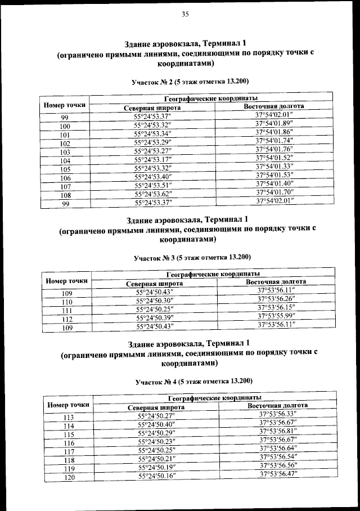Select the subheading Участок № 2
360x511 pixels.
[x=190, y=81]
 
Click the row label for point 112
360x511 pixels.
[x=66, y=318]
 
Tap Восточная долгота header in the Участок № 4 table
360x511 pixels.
[x=277, y=405]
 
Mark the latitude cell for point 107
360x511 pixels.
[x=152, y=185]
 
